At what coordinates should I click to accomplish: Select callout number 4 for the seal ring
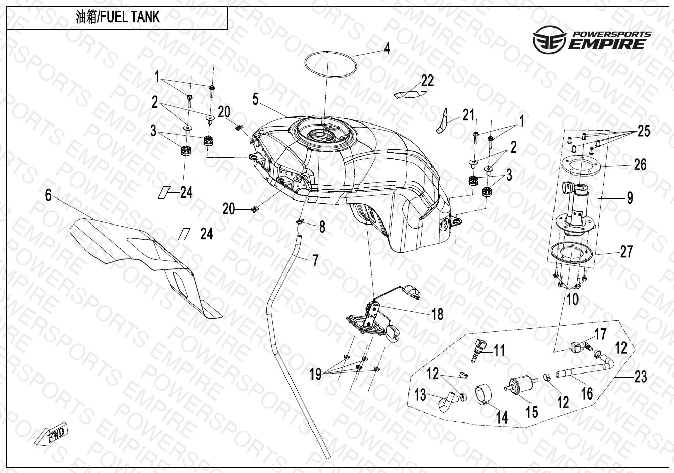click(x=387, y=48)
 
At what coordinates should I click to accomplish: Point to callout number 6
click(x=48, y=195)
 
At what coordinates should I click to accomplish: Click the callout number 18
click(x=437, y=314)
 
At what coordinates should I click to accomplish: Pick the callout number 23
click(x=640, y=377)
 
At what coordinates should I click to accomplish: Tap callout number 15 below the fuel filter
click(x=532, y=411)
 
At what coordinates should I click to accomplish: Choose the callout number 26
click(x=640, y=164)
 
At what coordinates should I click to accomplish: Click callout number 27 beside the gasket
click(x=626, y=252)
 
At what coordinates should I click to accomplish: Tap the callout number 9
click(x=630, y=196)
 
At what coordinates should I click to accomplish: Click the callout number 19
click(x=315, y=375)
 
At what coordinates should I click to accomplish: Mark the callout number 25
click(x=644, y=131)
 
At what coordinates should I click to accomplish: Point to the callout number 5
click(x=255, y=98)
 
